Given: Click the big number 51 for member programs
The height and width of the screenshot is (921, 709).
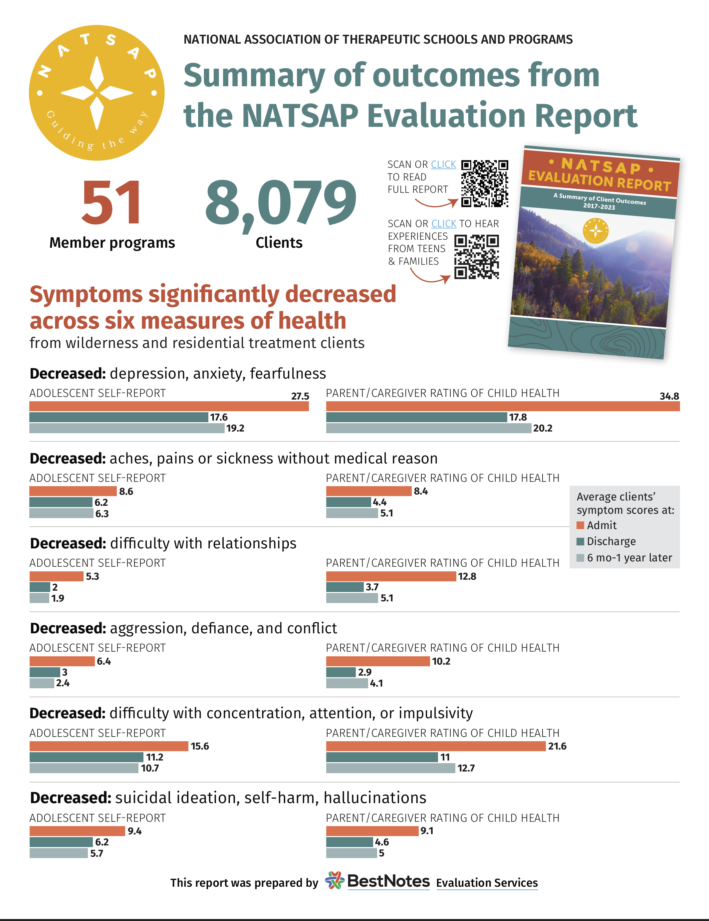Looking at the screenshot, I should (112, 202).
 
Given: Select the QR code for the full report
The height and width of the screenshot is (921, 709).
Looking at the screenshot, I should (484, 183).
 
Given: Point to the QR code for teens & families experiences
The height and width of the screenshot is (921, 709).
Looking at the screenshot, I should (476, 257).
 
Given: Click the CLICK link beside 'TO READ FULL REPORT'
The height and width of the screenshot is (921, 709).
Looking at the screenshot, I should (443, 164).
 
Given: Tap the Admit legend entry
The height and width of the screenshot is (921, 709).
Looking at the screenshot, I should (601, 525).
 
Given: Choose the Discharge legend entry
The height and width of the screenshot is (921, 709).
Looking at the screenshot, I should (610, 541).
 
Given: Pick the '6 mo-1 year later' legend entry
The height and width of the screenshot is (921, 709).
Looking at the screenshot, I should (628, 558).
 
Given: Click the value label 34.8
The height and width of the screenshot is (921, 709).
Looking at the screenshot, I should (669, 396).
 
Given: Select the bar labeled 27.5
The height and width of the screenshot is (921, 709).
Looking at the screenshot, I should (169, 407).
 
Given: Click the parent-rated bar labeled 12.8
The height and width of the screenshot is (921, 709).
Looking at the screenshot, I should (391, 576).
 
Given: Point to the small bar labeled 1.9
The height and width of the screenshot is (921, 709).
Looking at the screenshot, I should (39, 598).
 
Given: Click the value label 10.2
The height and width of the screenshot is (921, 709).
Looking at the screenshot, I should (441, 661).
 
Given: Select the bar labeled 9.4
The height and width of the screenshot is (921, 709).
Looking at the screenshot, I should (77, 831).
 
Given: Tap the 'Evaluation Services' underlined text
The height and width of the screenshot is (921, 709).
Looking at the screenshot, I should (487, 883).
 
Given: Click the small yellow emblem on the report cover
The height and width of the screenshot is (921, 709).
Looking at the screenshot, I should (595, 231).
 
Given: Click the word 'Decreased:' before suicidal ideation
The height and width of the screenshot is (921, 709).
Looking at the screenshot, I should (70, 798).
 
